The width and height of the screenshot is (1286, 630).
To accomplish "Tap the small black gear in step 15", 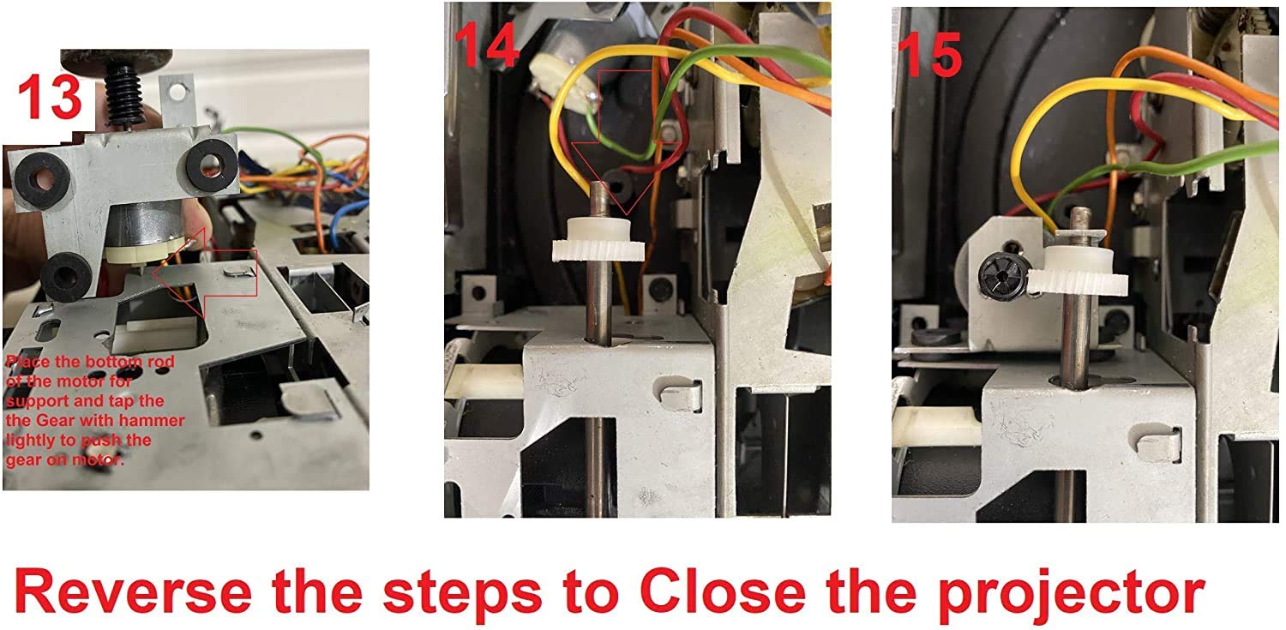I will point(1000,277).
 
